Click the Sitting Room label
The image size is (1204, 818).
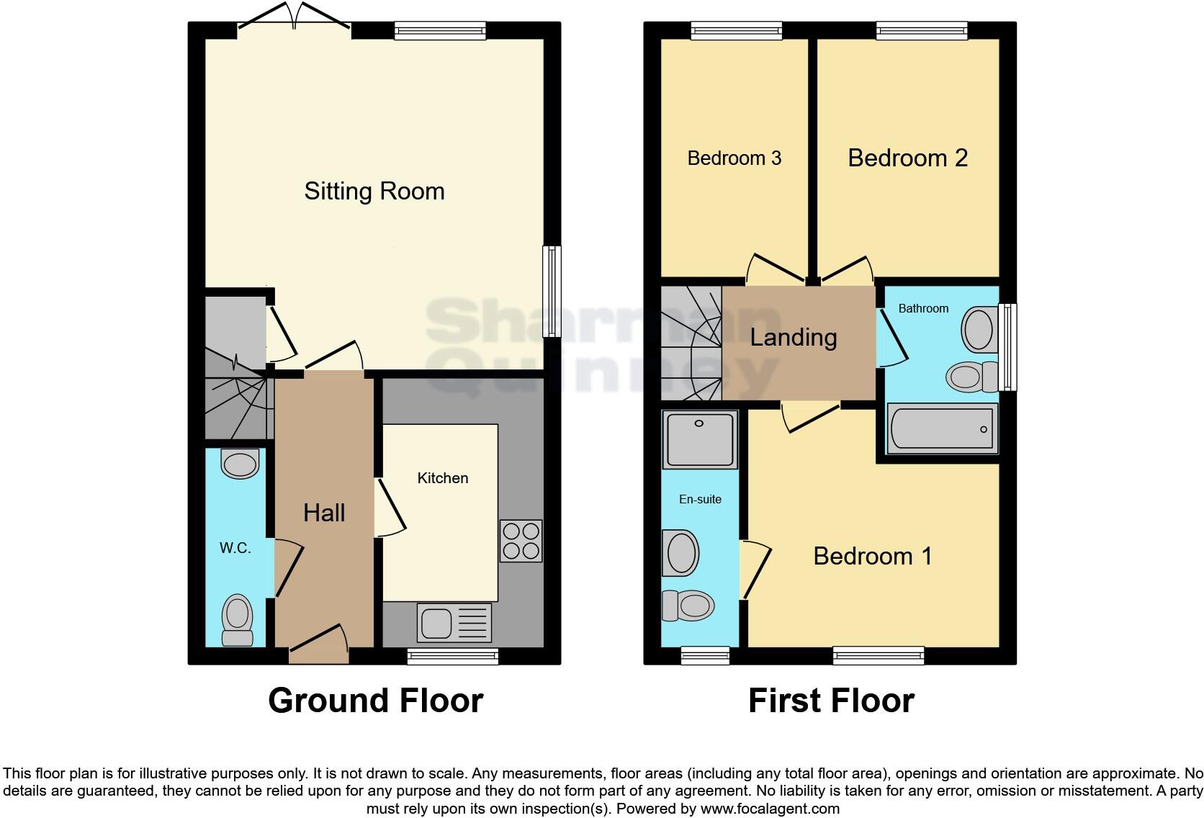coord(374,192)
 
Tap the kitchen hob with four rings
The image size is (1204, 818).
coord(521,541)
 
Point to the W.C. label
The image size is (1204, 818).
coord(235,548)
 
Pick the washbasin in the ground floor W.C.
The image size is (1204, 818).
coord(240,464)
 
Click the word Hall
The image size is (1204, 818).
coord(324,513)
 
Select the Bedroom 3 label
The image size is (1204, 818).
coord(734,158)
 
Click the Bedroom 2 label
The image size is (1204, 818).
coord(907,158)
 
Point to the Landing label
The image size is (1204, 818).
coord(794,337)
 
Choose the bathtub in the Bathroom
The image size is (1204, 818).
coord(942,429)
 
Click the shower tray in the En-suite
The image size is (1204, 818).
coord(699,439)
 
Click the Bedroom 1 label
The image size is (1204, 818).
coord(872,556)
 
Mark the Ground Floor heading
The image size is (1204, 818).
coord(375,701)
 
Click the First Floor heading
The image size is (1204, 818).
coord(831,701)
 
